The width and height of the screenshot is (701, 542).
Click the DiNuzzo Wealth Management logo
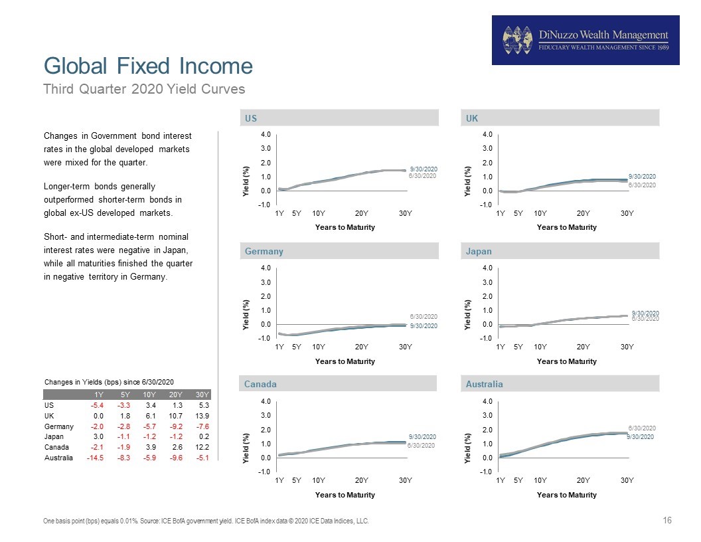(585, 41)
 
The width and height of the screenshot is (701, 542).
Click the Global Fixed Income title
(148, 66)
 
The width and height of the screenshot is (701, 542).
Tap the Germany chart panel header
(339, 251)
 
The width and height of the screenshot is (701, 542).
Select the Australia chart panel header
(560, 384)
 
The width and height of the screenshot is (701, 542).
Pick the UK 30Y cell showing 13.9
(202, 415)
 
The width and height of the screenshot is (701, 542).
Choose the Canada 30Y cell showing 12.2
(202, 447)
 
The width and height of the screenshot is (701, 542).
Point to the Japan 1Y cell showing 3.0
(98, 436)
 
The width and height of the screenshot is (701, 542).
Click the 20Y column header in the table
(175, 395)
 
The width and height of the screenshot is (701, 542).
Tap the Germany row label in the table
(58, 426)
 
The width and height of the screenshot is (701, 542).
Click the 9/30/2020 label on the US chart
(424, 169)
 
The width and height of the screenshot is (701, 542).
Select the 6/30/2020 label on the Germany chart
(424, 316)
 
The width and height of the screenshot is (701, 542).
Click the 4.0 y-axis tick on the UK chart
(487, 134)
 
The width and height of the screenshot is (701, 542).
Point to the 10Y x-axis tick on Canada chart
(319, 480)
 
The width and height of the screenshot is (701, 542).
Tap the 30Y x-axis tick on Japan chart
(627, 347)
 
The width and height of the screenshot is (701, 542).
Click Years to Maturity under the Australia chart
(566, 495)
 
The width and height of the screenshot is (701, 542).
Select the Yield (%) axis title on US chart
(246, 181)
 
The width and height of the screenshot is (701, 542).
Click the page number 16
(667, 520)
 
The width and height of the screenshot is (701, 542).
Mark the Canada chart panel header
(337, 384)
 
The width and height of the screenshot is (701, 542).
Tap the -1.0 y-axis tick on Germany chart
(264, 338)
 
